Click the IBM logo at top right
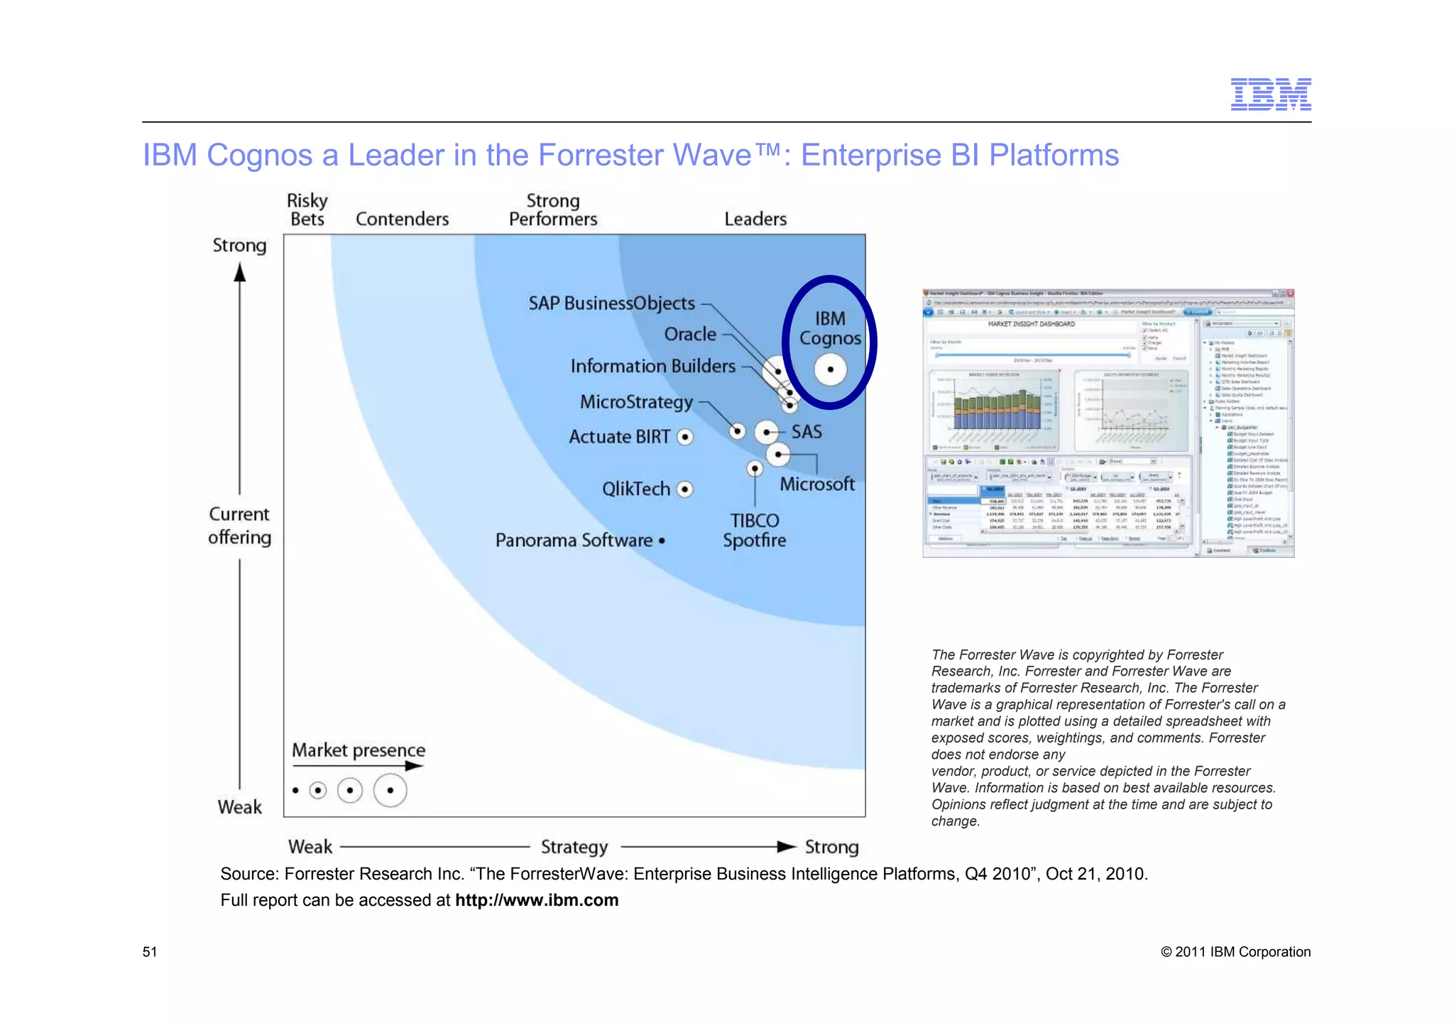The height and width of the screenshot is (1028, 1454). click(x=1270, y=94)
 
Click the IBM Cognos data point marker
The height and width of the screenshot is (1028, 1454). click(x=830, y=369)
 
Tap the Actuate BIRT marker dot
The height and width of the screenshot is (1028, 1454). click(x=685, y=437)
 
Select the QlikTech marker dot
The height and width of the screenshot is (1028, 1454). click(x=685, y=489)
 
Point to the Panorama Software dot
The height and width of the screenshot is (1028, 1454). click(x=662, y=541)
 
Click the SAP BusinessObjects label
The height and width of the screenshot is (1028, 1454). click(x=611, y=303)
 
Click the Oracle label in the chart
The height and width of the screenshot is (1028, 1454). click(x=690, y=334)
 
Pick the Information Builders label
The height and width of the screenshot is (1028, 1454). click(x=652, y=366)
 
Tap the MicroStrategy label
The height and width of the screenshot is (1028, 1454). click(x=636, y=402)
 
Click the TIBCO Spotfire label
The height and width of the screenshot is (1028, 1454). click(x=754, y=531)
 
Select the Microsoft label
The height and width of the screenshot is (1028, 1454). click(x=817, y=485)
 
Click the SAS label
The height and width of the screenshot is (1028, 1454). click(x=807, y=432)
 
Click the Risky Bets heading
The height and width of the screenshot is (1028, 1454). click(x=307, y=210)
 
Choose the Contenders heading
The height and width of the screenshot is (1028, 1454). click(x=402, y=220)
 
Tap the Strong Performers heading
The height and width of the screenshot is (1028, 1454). click(x=553, y=210)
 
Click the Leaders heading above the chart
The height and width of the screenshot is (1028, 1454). click(x=755, y=220)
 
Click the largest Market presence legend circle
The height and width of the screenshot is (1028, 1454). click(x=390, y=791)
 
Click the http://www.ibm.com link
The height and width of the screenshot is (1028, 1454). click(x=537, y=900)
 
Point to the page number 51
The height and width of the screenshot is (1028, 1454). click(x=150, y=952)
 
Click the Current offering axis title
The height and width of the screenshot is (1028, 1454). click(x=240, y=526)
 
